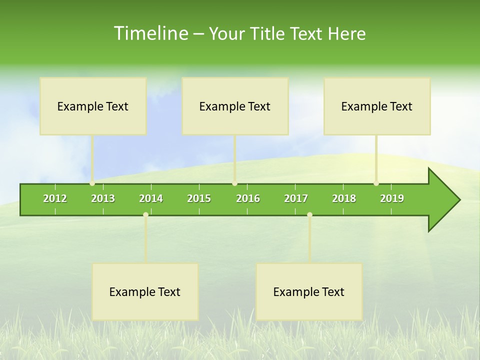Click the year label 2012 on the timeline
[x=55, y=198]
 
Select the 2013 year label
[x=103, y=198]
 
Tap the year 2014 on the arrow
[x=151, y=198]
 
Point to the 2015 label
[x=199, y=198]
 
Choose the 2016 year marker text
[x=248, y=198]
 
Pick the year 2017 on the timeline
[x=296, y=198]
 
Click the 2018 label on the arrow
[x=344, y=198]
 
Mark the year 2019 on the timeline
[x=392, y=198]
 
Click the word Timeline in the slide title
[x=150, y=33]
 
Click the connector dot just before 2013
[x=92, y=183]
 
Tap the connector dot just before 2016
[x=234, y=183]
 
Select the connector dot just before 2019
[x=376, y=183]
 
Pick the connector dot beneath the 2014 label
[x=145, y=214]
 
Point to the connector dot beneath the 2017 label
[x=309, y=214]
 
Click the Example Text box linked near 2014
[x=145, y=292]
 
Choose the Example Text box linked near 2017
[x=309, y=292]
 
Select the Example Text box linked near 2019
[x=377, y=106]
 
